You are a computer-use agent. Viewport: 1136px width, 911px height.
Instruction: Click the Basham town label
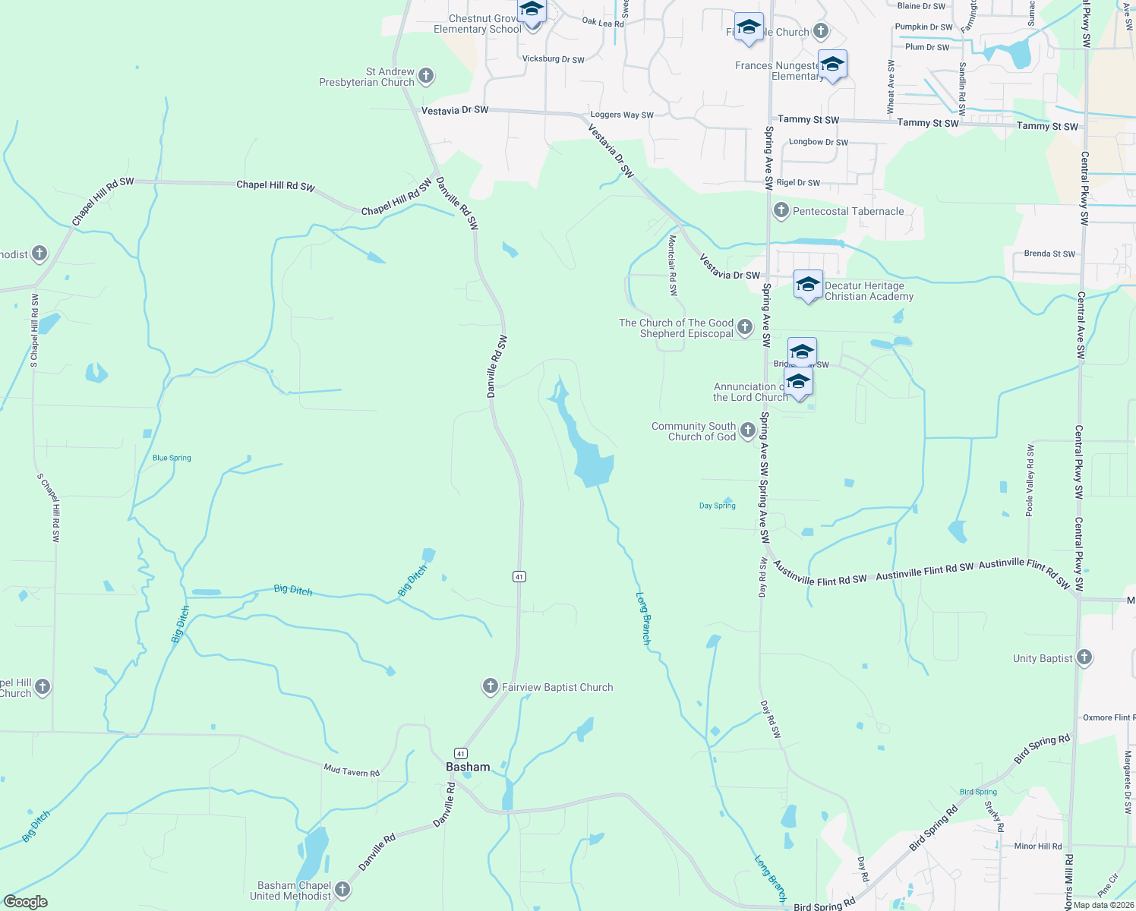coord(468,767)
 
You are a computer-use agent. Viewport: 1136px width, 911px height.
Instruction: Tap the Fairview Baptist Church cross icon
coord(491,686)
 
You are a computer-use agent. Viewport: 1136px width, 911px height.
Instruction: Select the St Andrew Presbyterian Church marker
coord(426,75)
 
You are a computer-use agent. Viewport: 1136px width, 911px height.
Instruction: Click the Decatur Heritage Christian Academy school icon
coord(807,285)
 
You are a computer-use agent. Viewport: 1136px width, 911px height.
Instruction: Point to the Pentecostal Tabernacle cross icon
coord(781,210)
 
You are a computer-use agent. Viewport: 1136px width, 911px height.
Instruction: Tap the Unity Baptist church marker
coord(1084,657)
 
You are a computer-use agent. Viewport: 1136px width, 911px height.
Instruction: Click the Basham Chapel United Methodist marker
coord(342,889)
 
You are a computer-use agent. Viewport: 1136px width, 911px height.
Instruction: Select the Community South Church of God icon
coord(748,430)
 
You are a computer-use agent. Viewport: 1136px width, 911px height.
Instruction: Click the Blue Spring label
coord(172,458)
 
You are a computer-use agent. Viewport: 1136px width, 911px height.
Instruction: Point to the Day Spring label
coord(717,506)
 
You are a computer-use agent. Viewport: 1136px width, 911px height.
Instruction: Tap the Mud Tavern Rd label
coord(352,771)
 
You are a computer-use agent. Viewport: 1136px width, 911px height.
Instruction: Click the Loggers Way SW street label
coord(622,115)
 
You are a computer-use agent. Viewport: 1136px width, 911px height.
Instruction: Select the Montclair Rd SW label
coord(672,265)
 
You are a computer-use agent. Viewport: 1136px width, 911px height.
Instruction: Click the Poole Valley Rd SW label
coord(1030,481)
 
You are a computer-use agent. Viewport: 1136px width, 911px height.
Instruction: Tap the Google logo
coord(26,902)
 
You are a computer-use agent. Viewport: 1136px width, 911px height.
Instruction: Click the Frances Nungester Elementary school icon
coord(832,65)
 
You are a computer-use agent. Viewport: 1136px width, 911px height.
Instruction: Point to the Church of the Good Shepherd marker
coord(745,327)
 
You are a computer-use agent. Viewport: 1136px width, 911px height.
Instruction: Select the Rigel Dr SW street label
coord(798,183)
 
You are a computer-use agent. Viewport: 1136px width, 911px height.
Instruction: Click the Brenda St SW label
coord(1049,254)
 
